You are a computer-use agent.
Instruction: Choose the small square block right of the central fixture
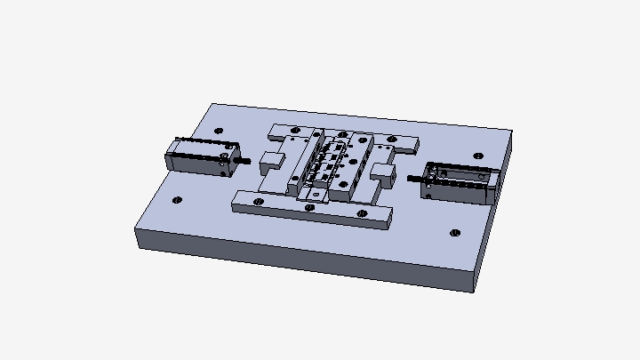pos(383,171)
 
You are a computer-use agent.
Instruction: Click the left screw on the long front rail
pos(258,201)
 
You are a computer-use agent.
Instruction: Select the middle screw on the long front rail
pos(309,207)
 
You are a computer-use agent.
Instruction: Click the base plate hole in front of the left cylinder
pos(177,200)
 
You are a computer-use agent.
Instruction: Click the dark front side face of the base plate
pos(302,260)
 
